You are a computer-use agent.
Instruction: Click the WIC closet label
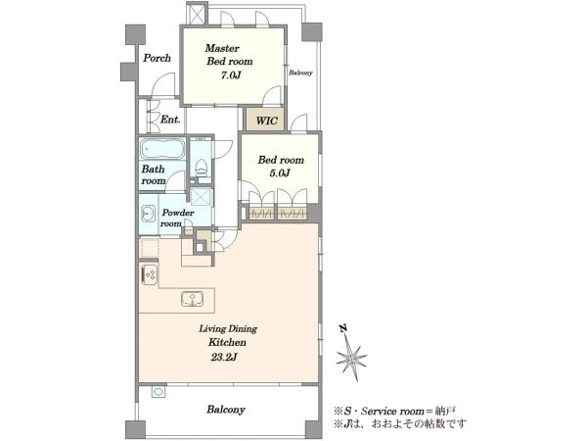click(x=267, y=121)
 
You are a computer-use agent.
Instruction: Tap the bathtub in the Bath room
click(x=162, y=149)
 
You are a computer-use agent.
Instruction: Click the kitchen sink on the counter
click(x=193, y=299)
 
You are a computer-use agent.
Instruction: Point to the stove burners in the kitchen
click(x=150, y=273)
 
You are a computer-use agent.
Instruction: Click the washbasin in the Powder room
click(x=149, y=214)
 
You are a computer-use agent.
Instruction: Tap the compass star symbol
click(x=351, y=358)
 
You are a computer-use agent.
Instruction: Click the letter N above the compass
click(x=342, y=329)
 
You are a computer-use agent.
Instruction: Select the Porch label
click(x=158, y=58)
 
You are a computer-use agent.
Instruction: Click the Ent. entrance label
click(x=170, y=120)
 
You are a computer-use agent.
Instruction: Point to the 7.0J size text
click(x=230, y=75)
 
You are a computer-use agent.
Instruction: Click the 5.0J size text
click(x=280, y=173)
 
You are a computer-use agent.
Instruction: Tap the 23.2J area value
click(x=223, y=357)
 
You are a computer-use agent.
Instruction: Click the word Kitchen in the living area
click(x=227, y=342)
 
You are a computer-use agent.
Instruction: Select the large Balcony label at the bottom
click(x=226, y=409)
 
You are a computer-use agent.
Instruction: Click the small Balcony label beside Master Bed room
click(x=300, y=73)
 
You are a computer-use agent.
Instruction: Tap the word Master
click(x=222, y=48)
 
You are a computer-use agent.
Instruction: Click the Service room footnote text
click(x=394, y=411)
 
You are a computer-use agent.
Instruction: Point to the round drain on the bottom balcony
click(x=158, y=392)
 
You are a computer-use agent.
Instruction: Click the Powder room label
click(x=177, y=218)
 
